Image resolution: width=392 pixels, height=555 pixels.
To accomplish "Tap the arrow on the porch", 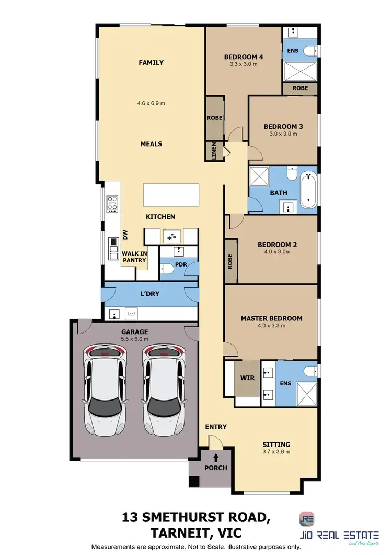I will click(216, 458).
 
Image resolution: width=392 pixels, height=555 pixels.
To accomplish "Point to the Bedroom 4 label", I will click(243, 57).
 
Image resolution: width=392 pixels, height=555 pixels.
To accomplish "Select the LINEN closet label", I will click(213, 151).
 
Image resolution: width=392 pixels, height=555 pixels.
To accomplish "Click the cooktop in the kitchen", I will click(112, 203).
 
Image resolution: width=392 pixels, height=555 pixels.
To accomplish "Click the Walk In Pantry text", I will click(135, 257).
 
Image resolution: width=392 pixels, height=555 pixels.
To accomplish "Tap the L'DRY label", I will click(150, 294).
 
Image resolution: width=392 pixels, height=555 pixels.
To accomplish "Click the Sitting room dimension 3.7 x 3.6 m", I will click(276, 452).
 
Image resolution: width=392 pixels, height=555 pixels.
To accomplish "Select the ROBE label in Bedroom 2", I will click(230, 262).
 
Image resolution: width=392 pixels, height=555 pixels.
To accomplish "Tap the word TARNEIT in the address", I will click(174, 532).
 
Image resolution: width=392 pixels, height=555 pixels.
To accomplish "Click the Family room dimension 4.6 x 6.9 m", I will click(151, 103).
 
